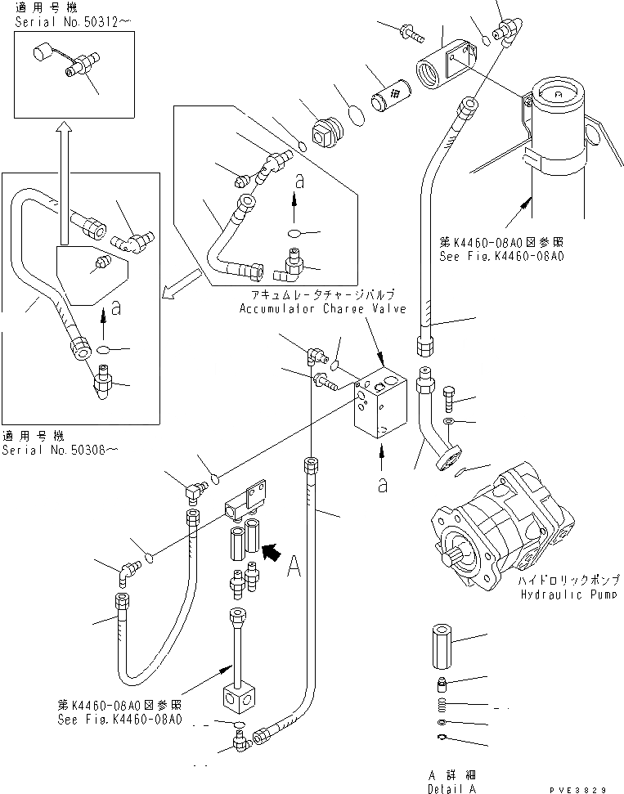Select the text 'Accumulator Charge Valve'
coord(315,309)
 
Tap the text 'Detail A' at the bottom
coord(452,788)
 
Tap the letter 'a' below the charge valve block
coord(381,483)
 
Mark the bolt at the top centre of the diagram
coord(410,34)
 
